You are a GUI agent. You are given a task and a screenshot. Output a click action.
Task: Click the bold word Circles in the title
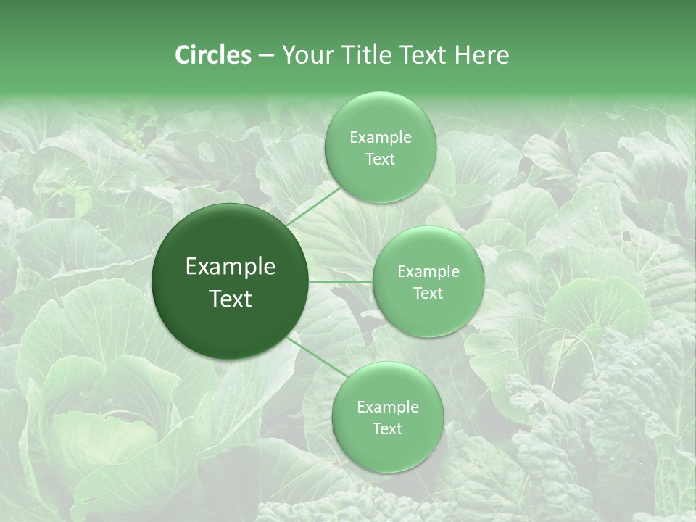pos(213,55)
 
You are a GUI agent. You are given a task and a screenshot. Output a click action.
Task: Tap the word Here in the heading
pos(482,55)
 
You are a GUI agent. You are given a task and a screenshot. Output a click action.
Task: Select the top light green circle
pos(380,109)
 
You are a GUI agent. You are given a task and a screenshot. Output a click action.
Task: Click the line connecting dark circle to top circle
pos(313,205)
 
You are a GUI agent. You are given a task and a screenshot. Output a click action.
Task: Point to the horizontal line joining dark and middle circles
pos(341,281)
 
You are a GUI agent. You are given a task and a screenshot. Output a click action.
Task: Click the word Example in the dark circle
pos(231,267)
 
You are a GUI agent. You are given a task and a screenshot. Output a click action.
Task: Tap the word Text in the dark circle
pos(231,299)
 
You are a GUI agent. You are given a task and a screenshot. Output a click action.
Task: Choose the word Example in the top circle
pos(380,138)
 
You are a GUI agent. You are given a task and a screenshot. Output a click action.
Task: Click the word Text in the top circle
pos(380,159)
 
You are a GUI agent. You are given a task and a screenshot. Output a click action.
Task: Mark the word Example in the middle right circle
pos(428,272)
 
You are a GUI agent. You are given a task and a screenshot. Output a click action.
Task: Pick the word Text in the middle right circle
pos(428,293)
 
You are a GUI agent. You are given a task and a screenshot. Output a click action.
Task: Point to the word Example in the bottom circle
pos(387,407)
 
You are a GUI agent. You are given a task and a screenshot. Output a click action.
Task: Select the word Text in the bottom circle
pos(387,428)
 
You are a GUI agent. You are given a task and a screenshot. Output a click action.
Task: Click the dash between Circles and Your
pos(265,56)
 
